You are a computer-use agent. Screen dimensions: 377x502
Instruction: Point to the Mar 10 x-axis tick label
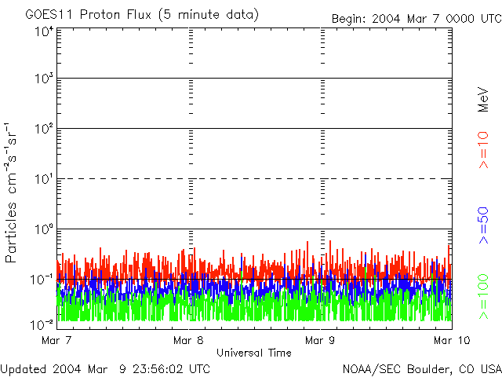click(449, 340)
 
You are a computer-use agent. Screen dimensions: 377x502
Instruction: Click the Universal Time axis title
click(254, 353)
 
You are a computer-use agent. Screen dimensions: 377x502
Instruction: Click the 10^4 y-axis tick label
click(43, 31)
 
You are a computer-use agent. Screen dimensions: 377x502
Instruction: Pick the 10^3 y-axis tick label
click(43, 79)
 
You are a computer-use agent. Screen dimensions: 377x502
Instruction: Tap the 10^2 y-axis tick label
click(43, 129)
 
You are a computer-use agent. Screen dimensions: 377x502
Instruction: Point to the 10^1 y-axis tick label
click(43, 179)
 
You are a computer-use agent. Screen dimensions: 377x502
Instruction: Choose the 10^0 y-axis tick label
click(43, 229)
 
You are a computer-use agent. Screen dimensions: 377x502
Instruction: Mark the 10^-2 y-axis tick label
click(42, 324)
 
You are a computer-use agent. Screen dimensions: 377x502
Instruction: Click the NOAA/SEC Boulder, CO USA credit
click(421, 368)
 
